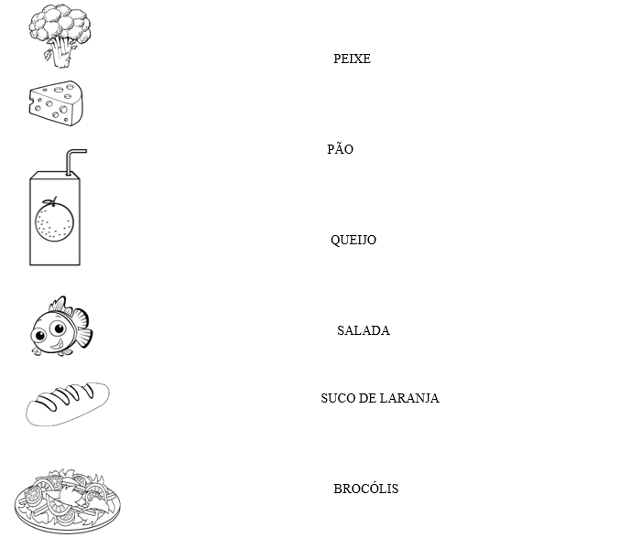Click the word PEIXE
352,59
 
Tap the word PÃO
340,149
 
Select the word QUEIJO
353,241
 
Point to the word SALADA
363,331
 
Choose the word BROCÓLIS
365,490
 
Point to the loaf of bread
67,403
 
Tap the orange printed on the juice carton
54,221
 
